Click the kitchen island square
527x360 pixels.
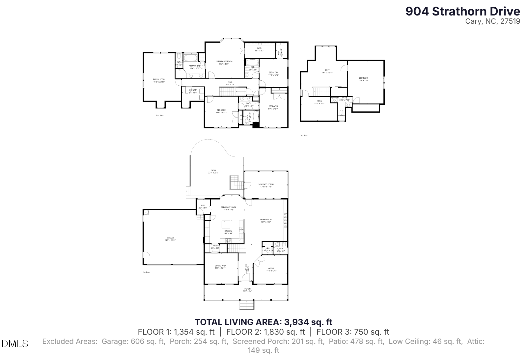226,224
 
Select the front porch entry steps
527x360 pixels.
247,305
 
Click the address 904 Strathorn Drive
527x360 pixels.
462,11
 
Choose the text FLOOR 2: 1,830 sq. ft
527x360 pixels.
265,332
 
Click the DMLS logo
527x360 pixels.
15,344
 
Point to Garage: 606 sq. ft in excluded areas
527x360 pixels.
133,342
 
